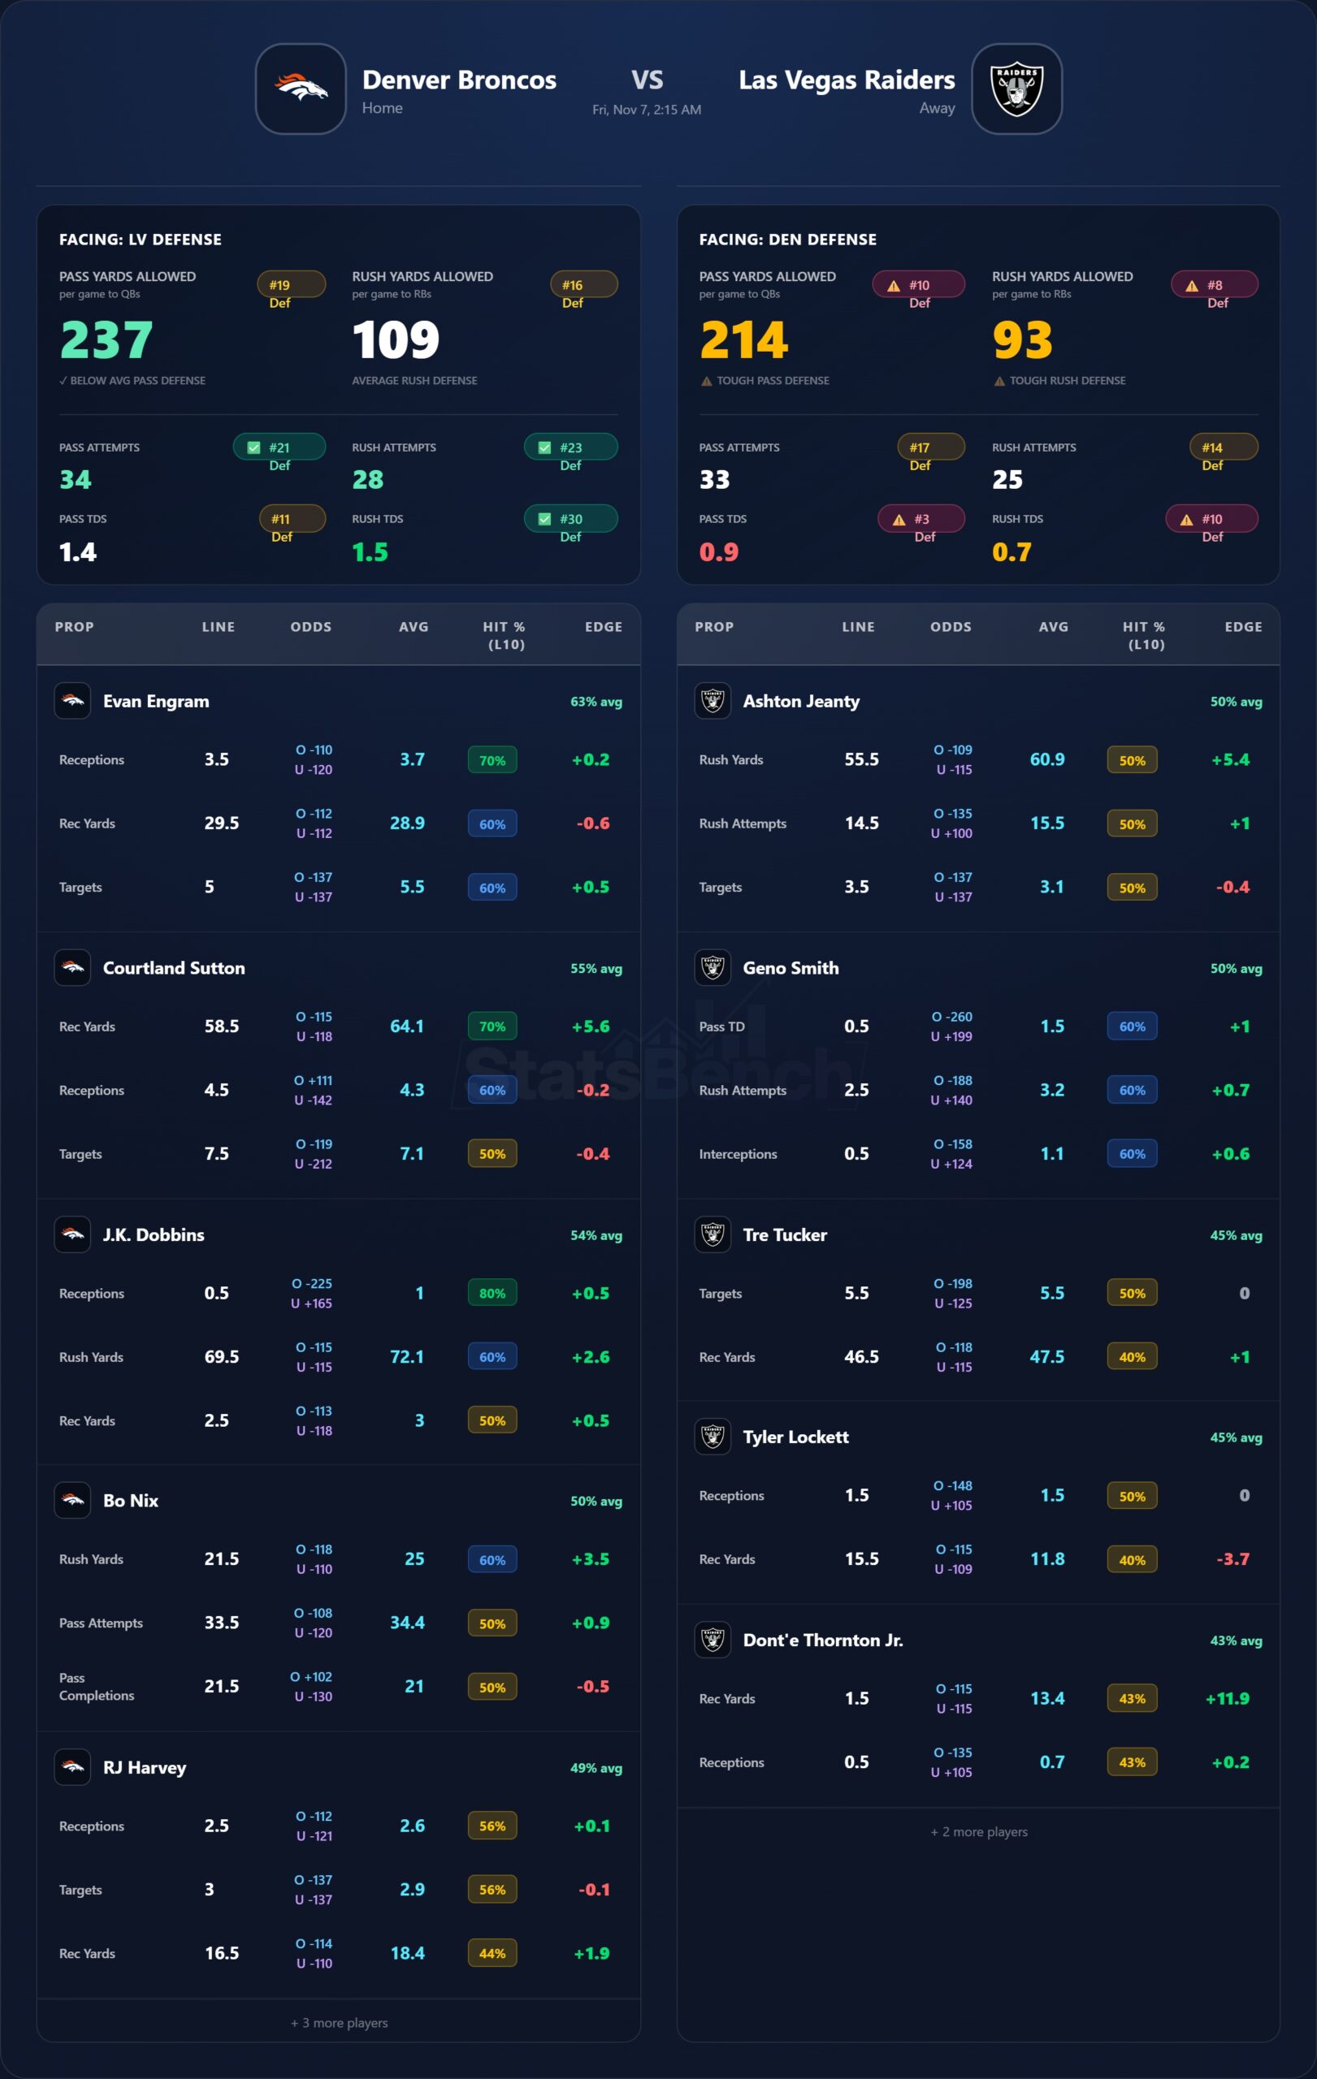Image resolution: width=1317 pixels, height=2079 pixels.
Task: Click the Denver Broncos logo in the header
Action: coord(301,89)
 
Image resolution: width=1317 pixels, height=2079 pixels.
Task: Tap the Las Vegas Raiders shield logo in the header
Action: coord(1016,89)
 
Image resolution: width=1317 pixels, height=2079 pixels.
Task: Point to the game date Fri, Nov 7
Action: coord(646,110)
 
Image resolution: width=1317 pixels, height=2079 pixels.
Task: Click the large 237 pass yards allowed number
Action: coord(106,339)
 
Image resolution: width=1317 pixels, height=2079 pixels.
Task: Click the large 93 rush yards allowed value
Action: coord(1023,339)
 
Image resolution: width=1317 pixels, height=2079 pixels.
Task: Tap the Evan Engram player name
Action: coord(156,701)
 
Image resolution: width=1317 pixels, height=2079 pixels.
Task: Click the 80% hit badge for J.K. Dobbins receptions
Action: coord(492,1294)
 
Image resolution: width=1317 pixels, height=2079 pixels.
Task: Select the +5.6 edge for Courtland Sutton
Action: coord(591,1027)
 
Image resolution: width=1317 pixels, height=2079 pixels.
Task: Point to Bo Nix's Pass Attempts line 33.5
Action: coord(221,1623)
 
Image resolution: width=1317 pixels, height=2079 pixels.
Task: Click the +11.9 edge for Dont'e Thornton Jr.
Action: coord(1227,1698)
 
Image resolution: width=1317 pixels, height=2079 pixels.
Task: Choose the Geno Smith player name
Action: coord(791,968)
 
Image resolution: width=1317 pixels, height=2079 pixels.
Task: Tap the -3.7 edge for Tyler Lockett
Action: coord(1233,1559)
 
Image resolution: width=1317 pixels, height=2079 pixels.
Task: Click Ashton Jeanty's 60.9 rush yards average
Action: coord(1046,760)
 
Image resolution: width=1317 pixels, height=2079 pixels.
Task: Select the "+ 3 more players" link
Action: coord(340,2023)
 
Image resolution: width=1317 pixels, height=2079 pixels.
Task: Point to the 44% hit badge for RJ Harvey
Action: coord(492,1953)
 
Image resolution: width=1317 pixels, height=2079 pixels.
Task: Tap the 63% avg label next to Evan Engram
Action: coord(596,702)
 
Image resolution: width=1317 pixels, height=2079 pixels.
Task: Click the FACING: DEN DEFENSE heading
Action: coord(787,239)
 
